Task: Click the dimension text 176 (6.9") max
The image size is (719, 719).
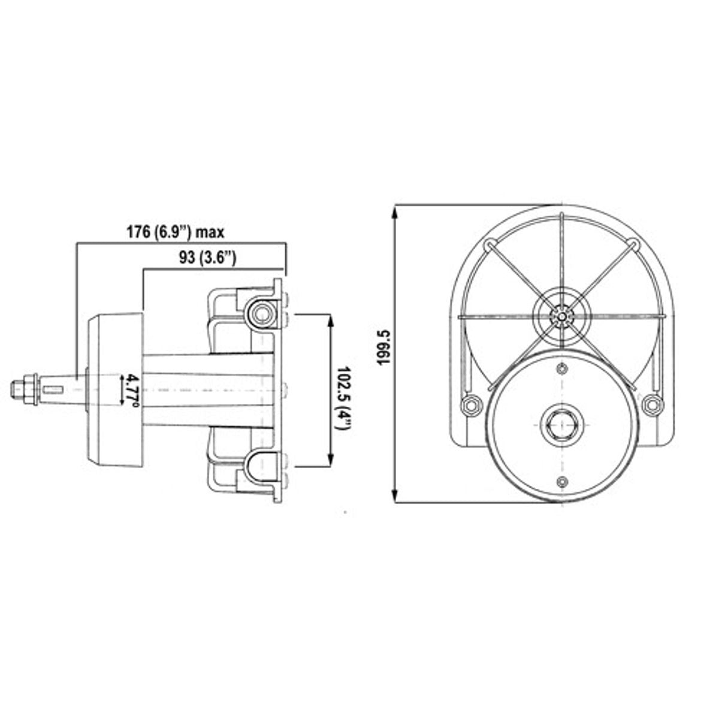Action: pyautogui.click(x=176, y=232)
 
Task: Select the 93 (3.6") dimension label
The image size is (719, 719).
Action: pyautogui.click(x=207, y=258)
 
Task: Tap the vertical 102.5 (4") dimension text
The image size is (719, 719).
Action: pyautogui.click(x=343, y=398)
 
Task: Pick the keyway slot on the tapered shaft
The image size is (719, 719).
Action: pyautogui.click(x=53, y=389)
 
